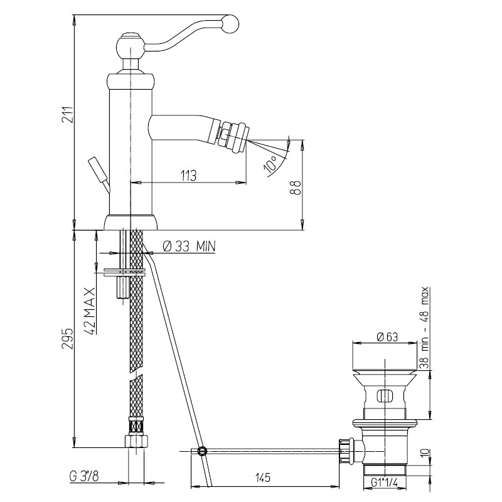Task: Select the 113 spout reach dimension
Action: pos(188,176)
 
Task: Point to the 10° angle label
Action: pos(270,164)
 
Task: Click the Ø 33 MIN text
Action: pos(190,246)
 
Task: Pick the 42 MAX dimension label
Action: pos(91,311)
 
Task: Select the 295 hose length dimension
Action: pos(68,338)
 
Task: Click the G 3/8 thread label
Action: pos(84,476)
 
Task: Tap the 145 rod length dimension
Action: pos(263,478)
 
